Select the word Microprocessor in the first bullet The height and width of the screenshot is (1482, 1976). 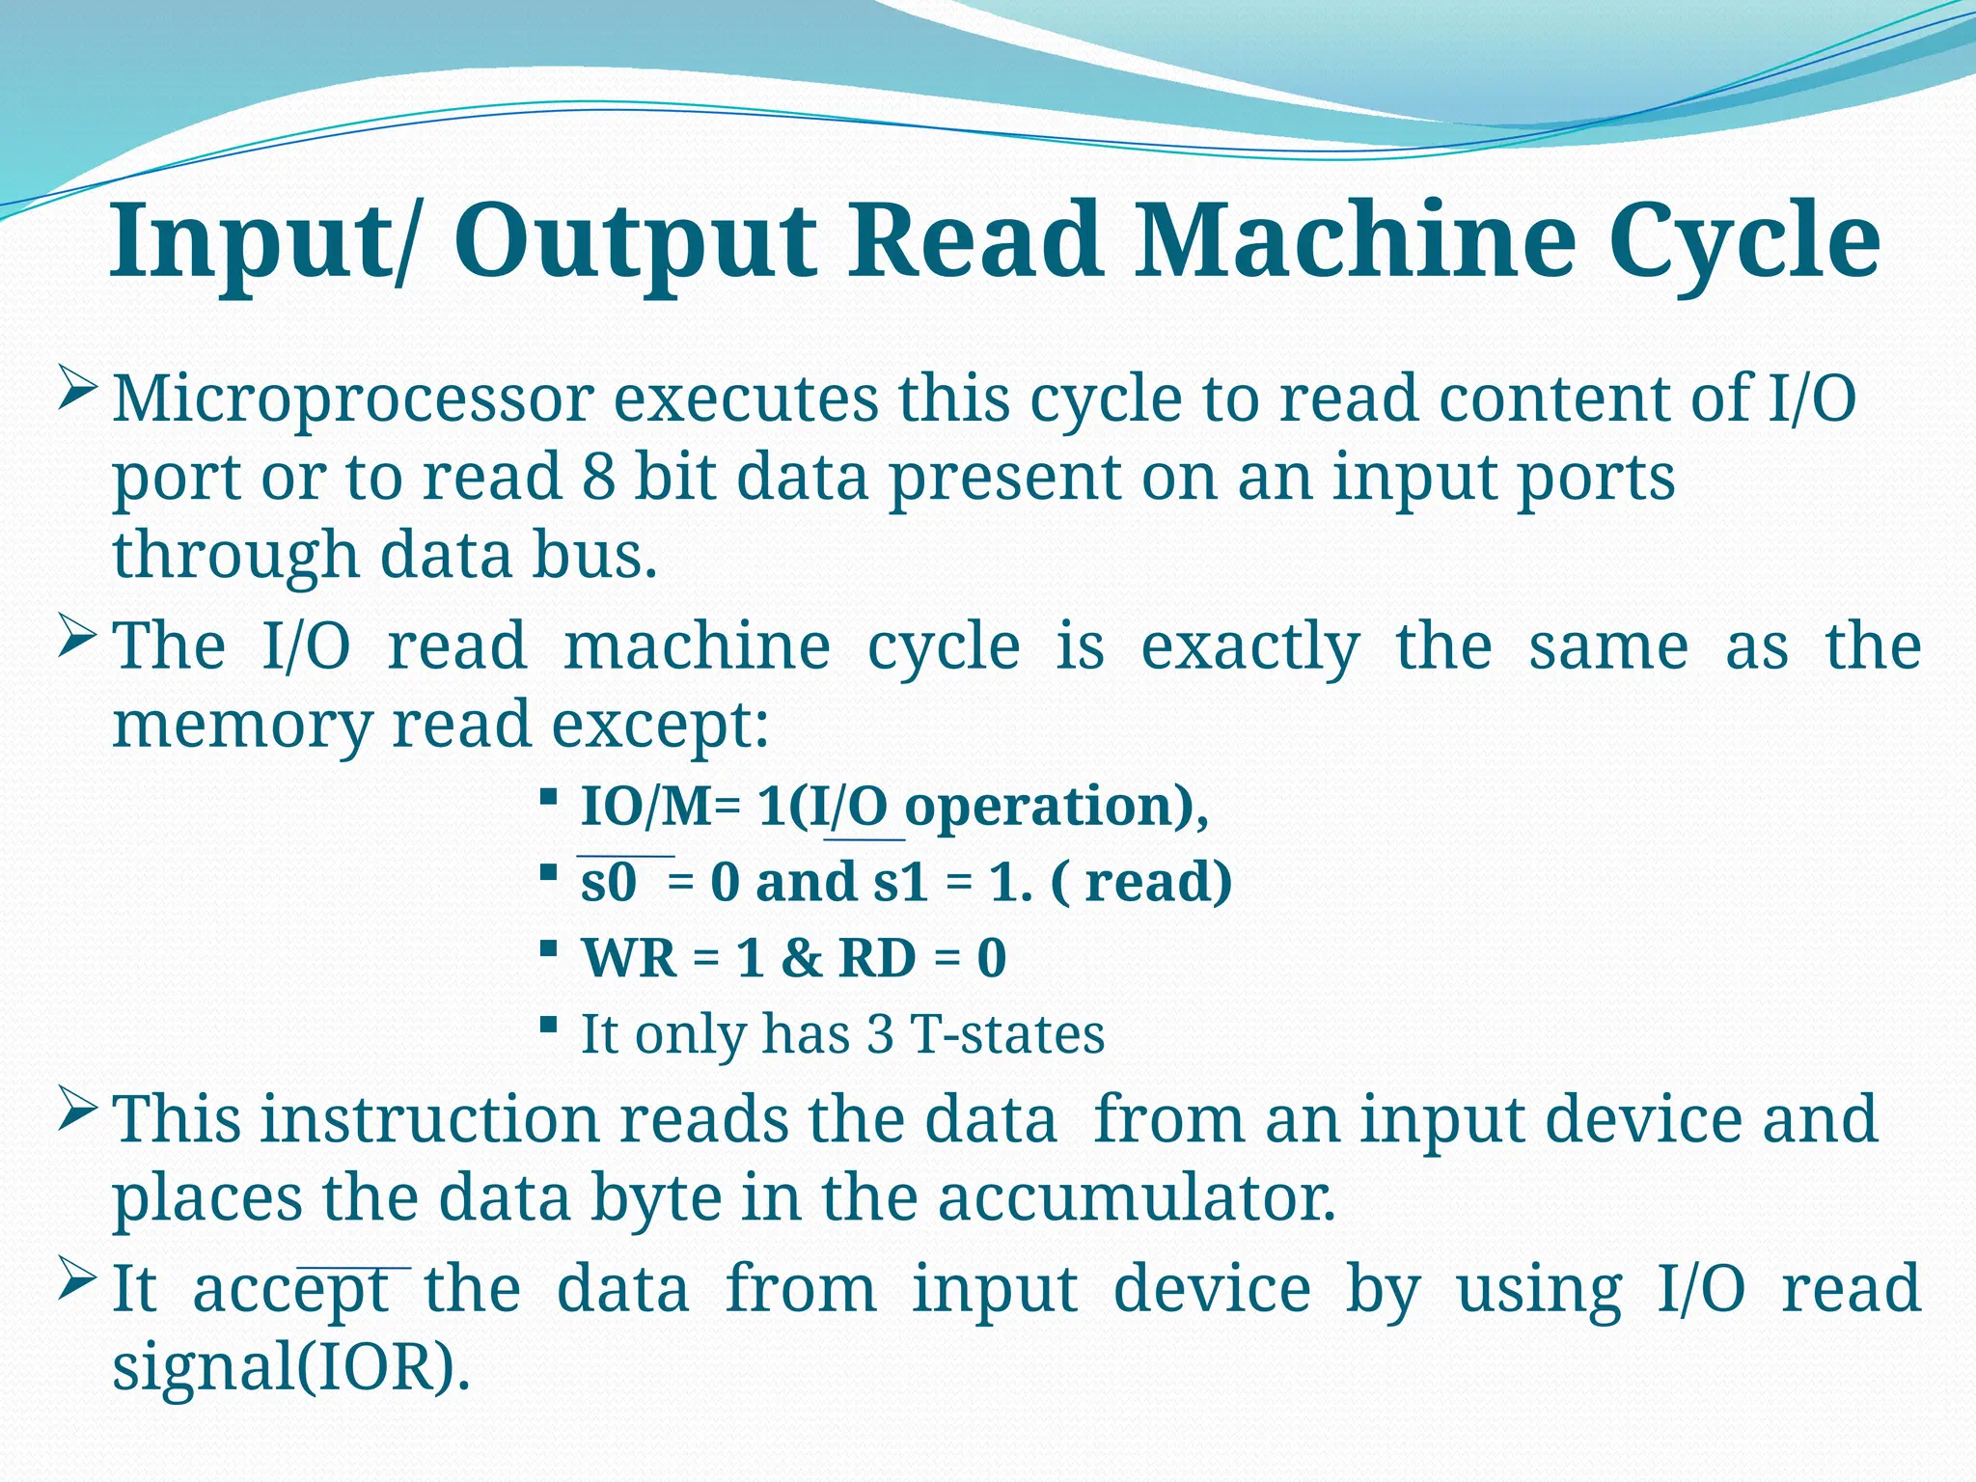coord(352,398)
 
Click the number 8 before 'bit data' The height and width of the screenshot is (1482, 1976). coord(598,477)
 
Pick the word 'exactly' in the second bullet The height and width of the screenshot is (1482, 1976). coord(1250,646)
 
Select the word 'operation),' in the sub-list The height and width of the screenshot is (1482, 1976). coord(1057,808)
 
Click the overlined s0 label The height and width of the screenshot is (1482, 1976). coord(609,882)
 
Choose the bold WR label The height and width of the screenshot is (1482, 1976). coord(629,958)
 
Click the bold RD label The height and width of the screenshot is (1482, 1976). coord(877,958)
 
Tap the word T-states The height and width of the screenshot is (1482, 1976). coord(1007,1034)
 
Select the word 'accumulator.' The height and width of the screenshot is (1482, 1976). coord(1137,1197)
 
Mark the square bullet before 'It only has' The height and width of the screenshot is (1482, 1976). coord(547,1024)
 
